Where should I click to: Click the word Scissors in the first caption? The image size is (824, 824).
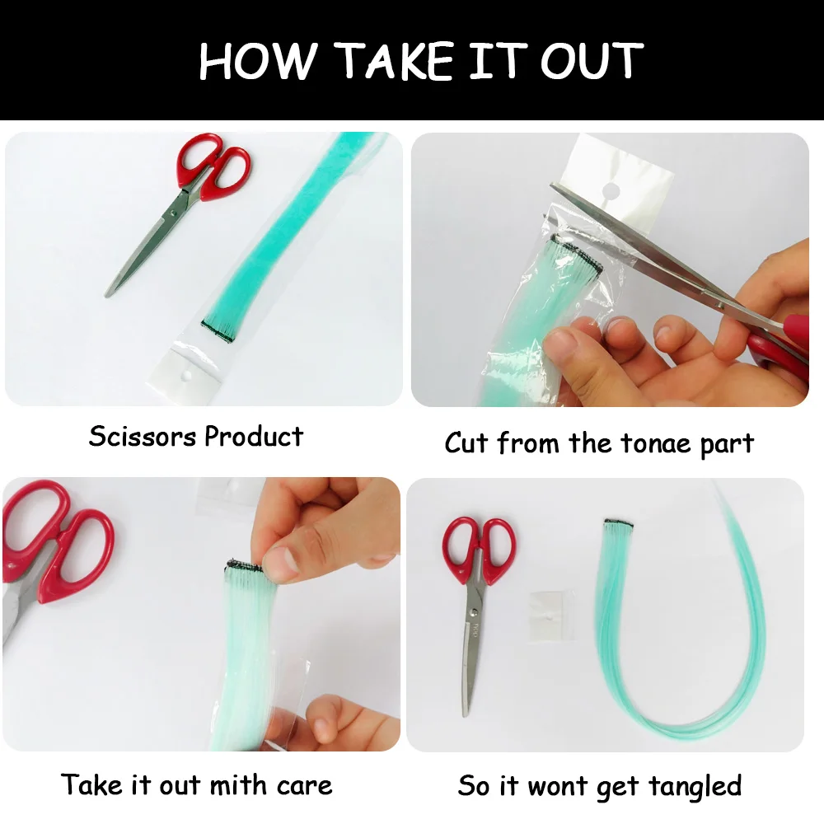coord(143,436)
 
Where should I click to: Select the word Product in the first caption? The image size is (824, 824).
coord(254,437)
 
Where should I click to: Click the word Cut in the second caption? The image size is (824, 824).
coord(467,442)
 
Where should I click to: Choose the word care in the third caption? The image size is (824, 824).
coord(304,787)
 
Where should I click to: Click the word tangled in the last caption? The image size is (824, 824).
coord(695,788)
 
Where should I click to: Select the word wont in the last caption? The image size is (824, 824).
coord(558,787)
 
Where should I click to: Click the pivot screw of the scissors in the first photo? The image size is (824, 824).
coord(173,213)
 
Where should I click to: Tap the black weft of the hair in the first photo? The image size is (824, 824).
coord(218,331)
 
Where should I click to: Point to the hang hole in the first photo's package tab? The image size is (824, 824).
coord(185,376)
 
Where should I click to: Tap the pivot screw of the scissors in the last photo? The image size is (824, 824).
coord(475,612)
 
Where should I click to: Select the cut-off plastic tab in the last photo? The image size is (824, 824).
coord(550,616)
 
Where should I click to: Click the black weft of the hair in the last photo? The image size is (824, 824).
coord(619,523)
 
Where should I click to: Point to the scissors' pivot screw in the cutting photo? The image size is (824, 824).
coord(721,304)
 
